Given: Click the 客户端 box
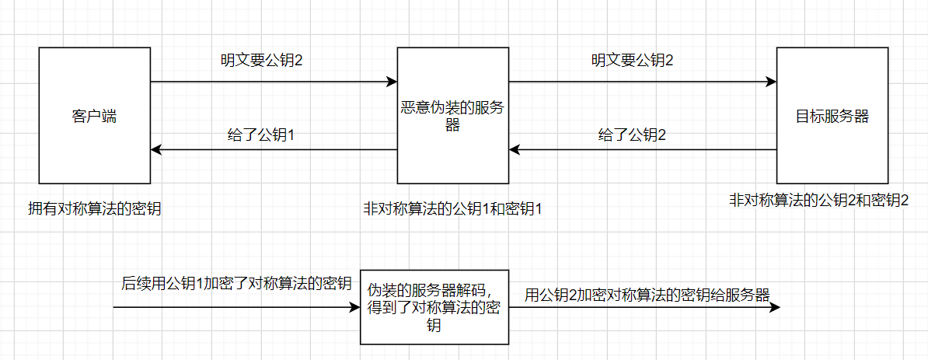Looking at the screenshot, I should pyautogui.click(x=93, y=117).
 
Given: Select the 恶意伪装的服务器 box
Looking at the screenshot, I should pyautogui.click(x=452, y=117).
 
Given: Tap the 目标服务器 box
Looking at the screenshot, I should pyautogui.click(x=832, y=117).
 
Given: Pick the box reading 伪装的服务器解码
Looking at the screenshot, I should pyautogui.click(x=434, y=307).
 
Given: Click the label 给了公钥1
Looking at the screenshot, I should pyautogui.click(x=260, y=135).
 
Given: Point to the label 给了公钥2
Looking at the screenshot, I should pyautogui.click(x=632, y=135).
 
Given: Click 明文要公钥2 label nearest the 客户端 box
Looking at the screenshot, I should pyautogui.click(x=260, y=60).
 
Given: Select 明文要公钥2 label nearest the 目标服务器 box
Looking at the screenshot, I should pyautogui.click(x=632, y=60).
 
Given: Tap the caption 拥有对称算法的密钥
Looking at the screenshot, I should pyautogui.click(x=95, y=208).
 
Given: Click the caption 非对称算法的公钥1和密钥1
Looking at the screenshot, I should pyautogui.click(x=452, y=208).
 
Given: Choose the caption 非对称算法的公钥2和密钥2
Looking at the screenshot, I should pyautogui.click(x=818, y=199).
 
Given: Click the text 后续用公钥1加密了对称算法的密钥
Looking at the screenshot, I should pyautogui.click(x=236, y=283).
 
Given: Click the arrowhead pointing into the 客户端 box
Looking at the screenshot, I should pyautogui.click(x=156, y=149).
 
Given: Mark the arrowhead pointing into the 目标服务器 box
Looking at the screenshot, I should pyautogui.click(x=770, y=82).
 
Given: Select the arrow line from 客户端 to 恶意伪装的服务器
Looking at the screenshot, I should pyautogui.click(x=272, y=82).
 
